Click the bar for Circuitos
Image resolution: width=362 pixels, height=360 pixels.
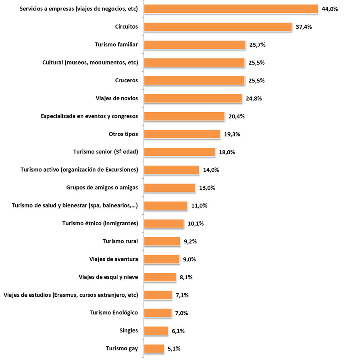click(x=218, y=27)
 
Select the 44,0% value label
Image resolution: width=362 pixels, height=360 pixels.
click(x=330, y=9)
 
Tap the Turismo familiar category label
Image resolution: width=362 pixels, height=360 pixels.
click(x=116, y=44)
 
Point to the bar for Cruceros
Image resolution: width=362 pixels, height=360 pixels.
click(x=194, y=80)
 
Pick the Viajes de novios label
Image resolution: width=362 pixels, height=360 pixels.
click(x=117, y=98)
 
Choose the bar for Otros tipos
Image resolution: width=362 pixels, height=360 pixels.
click(x=182, y=134)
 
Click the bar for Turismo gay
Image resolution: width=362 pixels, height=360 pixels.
click(x=154, y=348)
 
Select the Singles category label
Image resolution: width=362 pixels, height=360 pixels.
click(x=129, y=331)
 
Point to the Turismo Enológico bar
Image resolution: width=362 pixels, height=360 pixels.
click(x=158, y=313)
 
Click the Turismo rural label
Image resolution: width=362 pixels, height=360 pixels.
click(x=120, y=241)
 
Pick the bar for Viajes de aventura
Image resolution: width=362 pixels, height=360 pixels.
click(x=161, y=259)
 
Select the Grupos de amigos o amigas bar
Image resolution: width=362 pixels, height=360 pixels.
click(x=169, y=188)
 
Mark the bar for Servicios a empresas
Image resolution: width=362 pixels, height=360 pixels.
click(x=231, y=9)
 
